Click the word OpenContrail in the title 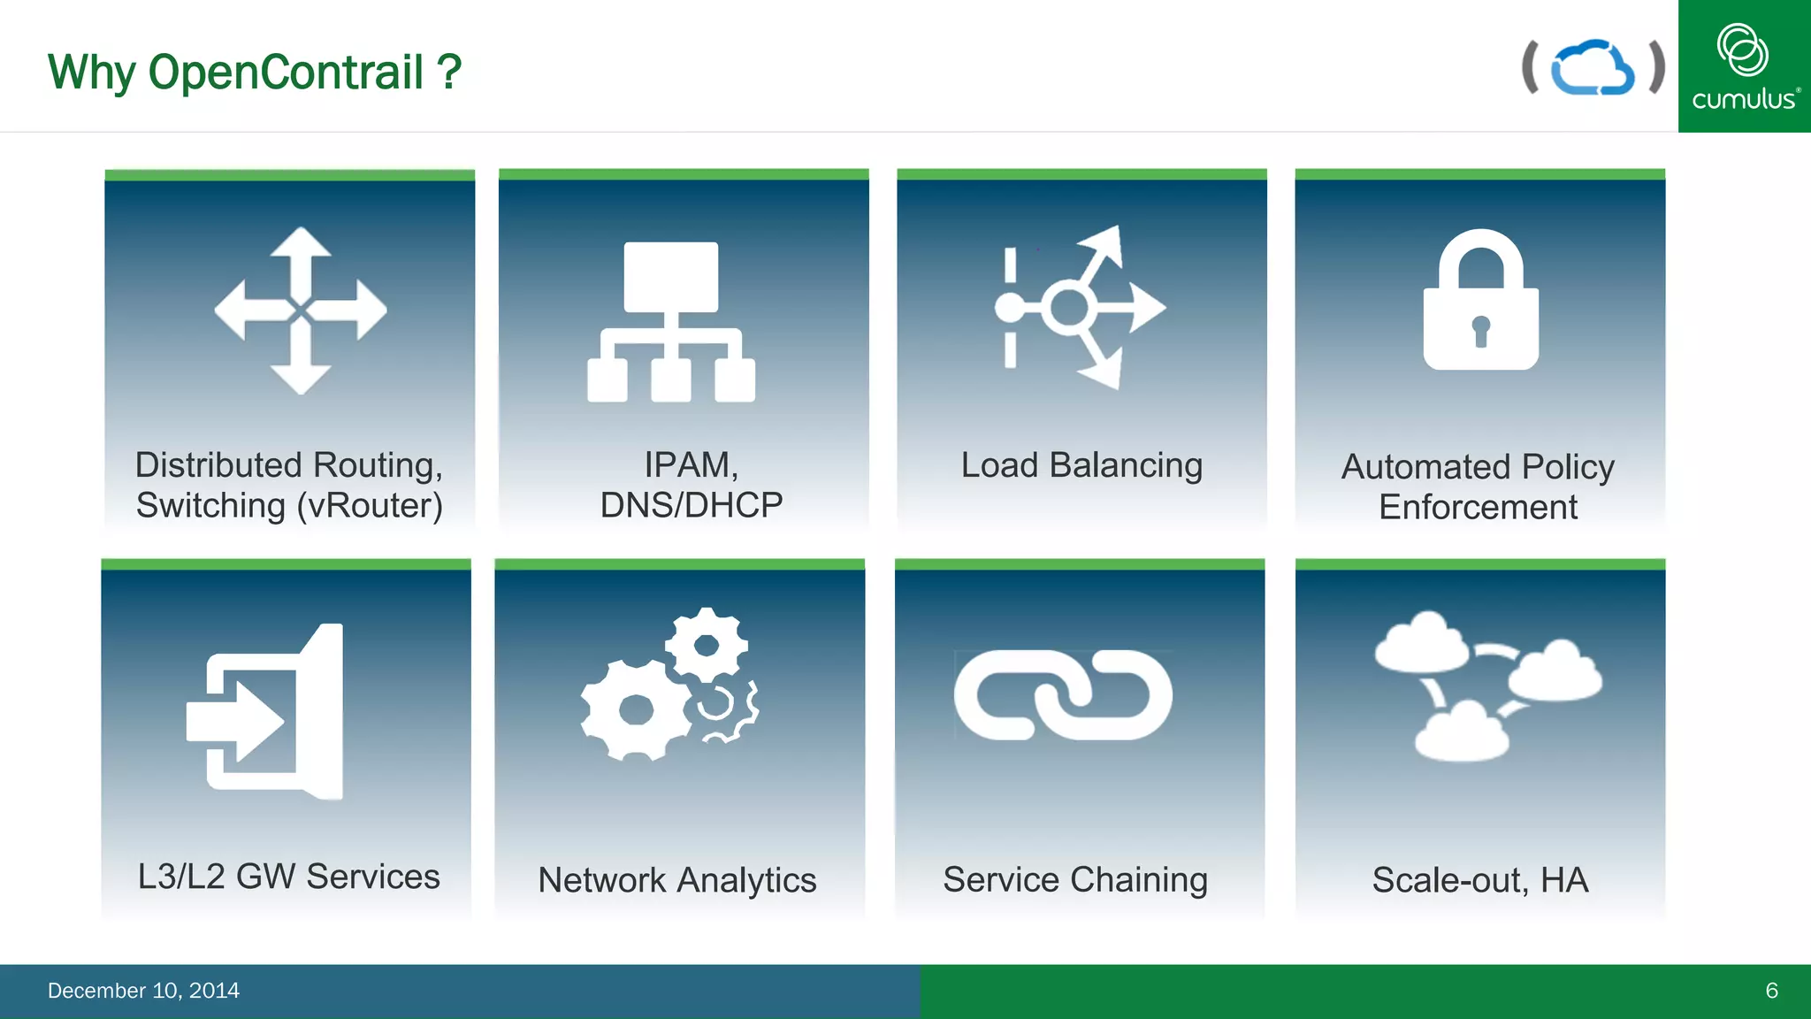[286, 73]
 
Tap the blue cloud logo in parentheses [1593, 67]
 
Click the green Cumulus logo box [1744, 66]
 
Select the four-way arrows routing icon [301, 310]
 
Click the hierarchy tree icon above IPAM [671, 322]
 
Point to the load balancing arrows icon [1080, 308]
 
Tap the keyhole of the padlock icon [1481, 331]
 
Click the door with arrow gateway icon [265, 712]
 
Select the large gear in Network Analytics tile [636, 709]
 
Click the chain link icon [1063, 695]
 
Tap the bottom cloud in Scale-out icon [1462, 732]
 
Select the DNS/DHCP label [691, 505]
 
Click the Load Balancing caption [1081, 465]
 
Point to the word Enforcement [1478, 508]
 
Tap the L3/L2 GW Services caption [288, 877]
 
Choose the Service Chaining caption [1075, 880]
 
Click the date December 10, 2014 [143, 991]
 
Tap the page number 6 [1771, 991]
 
